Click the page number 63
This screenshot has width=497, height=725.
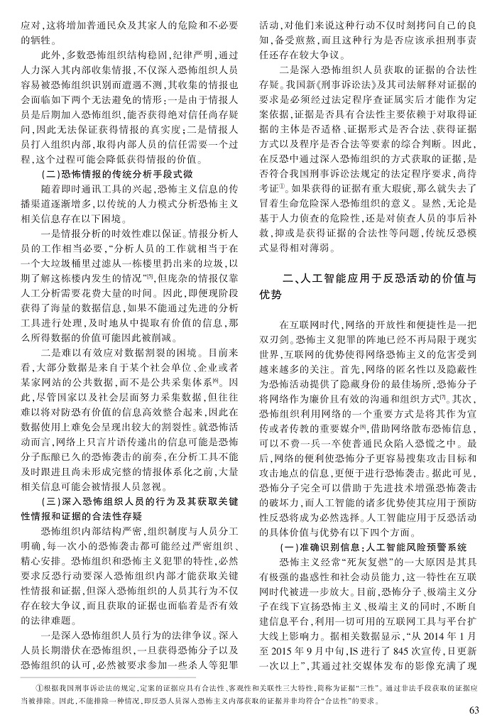tap(475, 711)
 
